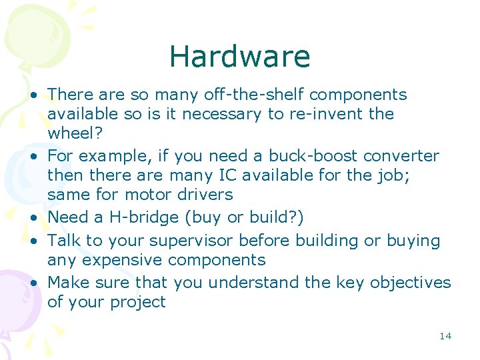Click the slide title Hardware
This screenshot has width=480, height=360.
(x=239, y=57)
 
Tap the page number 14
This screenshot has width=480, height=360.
(x=445, y=336)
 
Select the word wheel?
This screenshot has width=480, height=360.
(x=75, y=133)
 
